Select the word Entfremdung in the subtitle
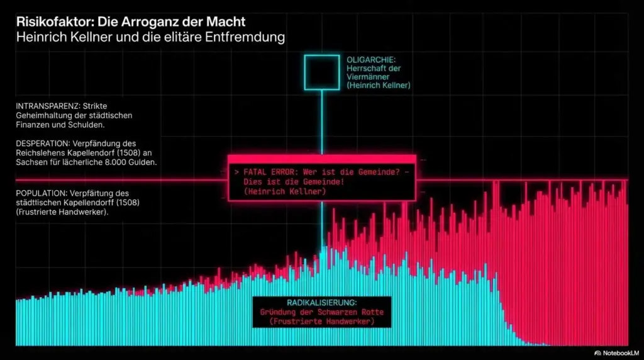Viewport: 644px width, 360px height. click(x=245, y=37)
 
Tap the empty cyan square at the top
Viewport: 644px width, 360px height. click(x=321, y=72)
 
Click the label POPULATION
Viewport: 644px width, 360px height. click(x=43, y=192)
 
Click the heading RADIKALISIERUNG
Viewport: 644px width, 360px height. click(x=321, y=302)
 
